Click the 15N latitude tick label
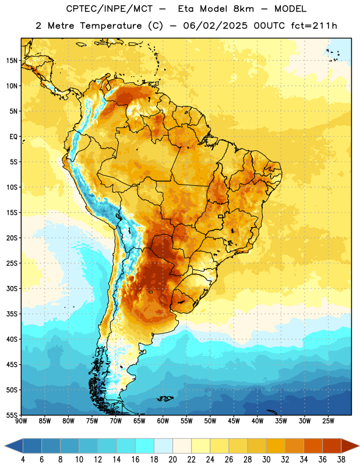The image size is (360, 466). [x=12, y=61]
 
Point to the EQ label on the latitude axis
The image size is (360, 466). [x=13, y=137]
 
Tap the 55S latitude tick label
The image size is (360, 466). [x=12, y=415]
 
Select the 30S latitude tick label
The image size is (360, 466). [x=12, y=288]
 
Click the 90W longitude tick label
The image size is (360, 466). [x=22, y=421]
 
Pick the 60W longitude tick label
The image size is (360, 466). [x=163, y=421]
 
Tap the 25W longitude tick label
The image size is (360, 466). [x=328, y=421]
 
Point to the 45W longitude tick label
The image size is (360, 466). [x=234, y=421]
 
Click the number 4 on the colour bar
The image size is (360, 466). [x=23, y=460]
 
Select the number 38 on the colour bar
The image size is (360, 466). [x=341, y=460]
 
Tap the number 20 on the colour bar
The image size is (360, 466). [x=172, y=460]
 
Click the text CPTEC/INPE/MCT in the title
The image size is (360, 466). [x=110, y=9]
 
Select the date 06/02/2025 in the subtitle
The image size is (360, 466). [x=215, y=26]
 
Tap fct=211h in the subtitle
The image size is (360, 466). [x=314, y=26]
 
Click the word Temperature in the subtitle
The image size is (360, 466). [x=111, y=26]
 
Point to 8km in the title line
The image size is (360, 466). [x=243, y=9]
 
